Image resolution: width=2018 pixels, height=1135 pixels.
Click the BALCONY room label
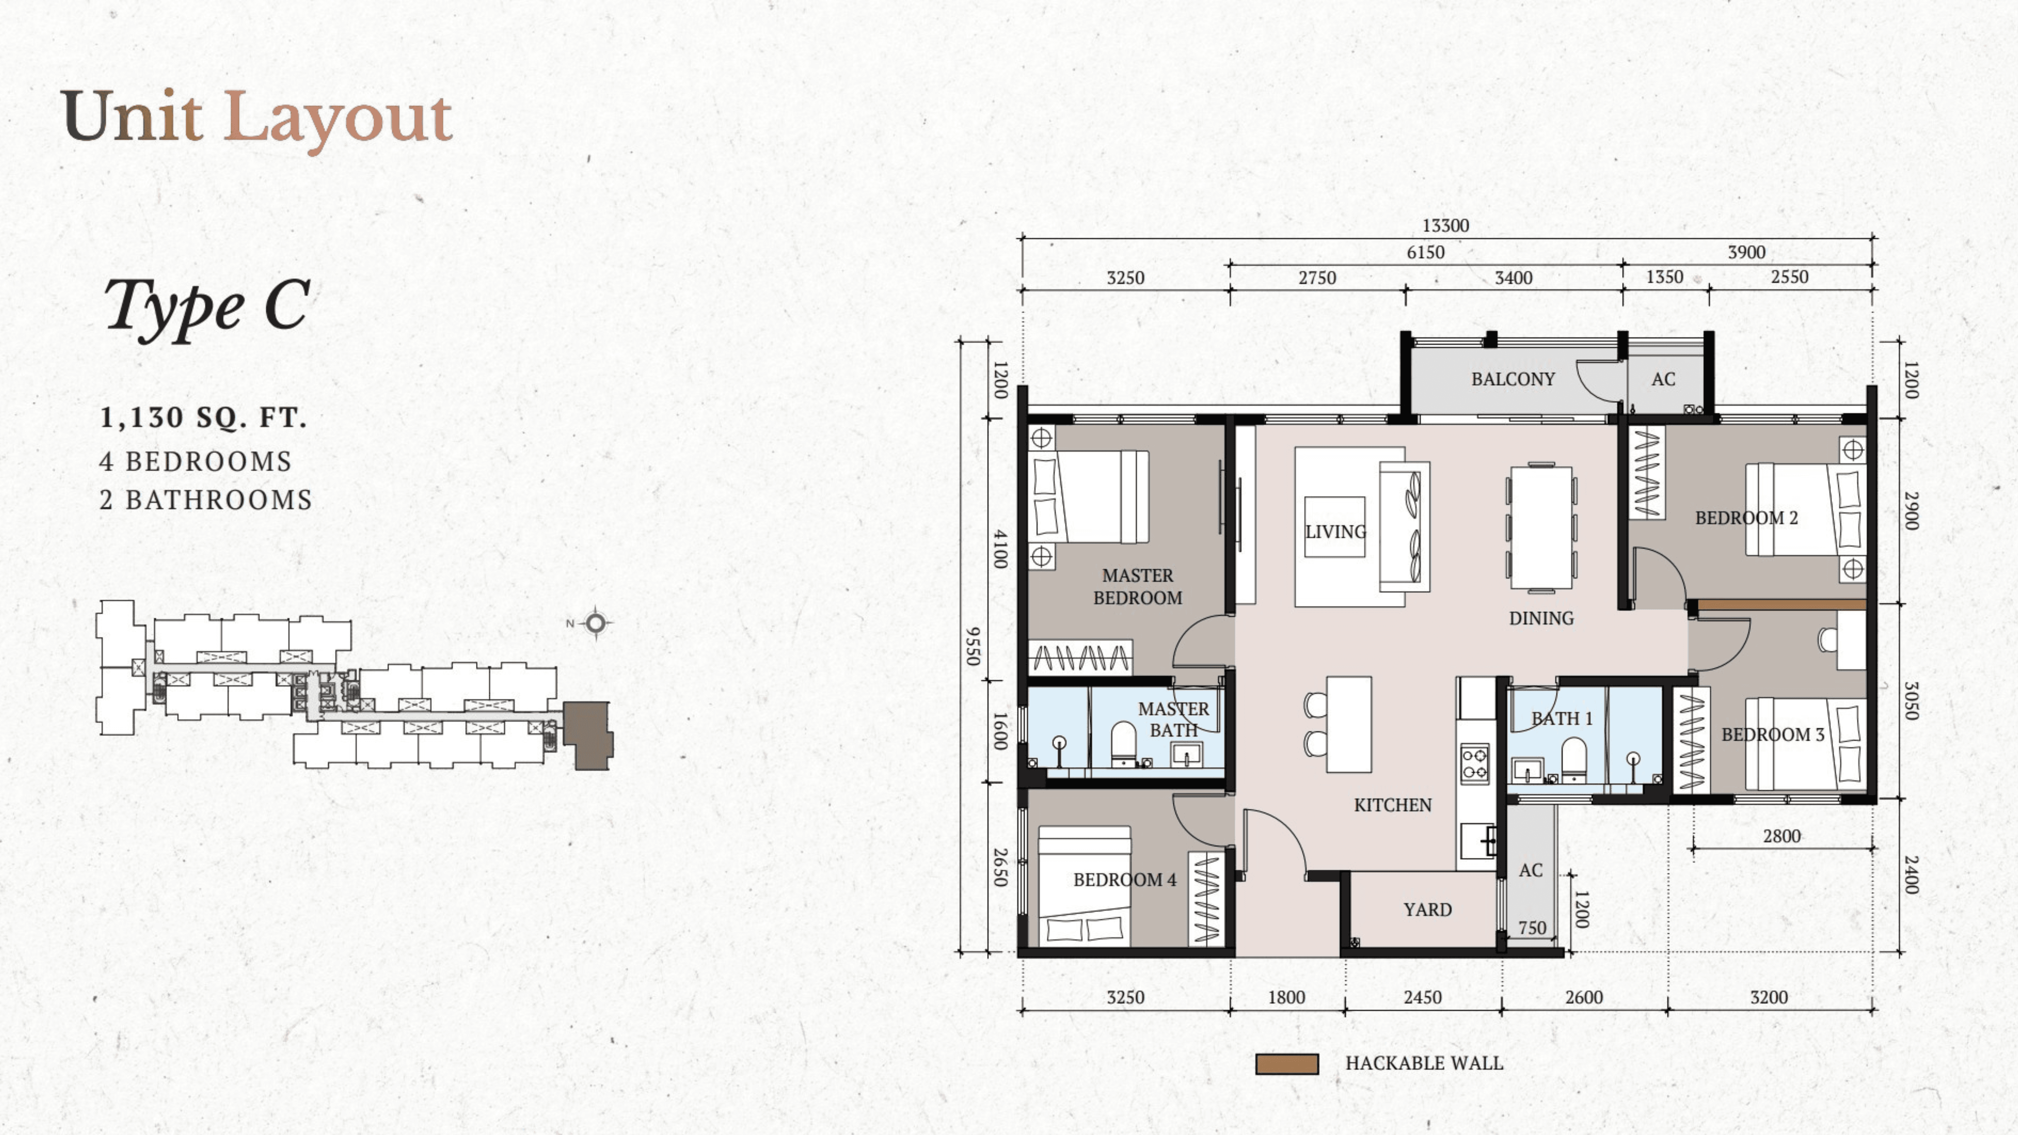pyautogui.click(x=1513, y=379)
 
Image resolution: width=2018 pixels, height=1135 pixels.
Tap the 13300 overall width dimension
pyautogui.click(x=1445, y=226)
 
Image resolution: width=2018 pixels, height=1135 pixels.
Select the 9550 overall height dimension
pyautogui.click(x=972, y=646)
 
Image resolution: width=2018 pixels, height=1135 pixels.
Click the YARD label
pyautogui.click(x=1427, y=909)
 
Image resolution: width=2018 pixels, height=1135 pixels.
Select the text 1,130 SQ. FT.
pyautogui.click(x=203, y=417)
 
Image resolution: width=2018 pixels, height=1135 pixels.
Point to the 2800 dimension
pyautogui.click(x=1782, y=836)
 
